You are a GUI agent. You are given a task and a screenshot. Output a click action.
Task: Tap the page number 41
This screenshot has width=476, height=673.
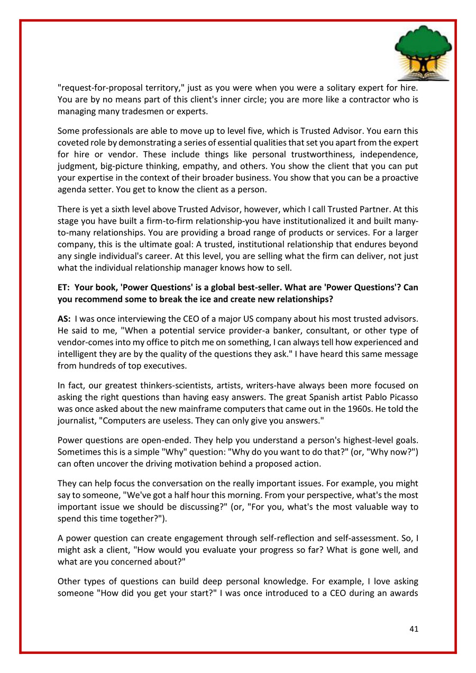pyautogui.click(x=414, y=629)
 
